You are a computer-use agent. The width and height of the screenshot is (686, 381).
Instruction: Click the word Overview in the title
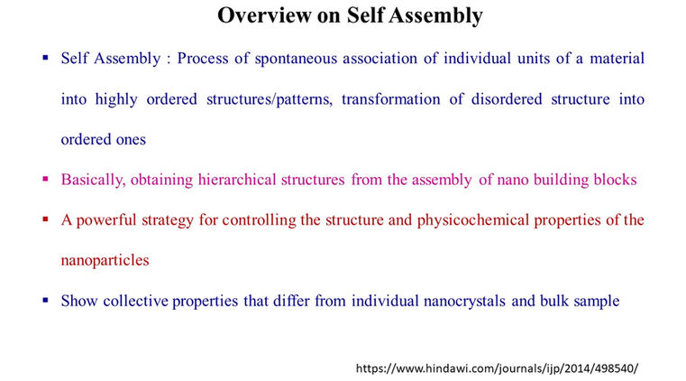260,15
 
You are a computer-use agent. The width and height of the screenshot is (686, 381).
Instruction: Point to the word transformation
389,99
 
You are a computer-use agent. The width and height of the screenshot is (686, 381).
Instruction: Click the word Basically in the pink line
90,180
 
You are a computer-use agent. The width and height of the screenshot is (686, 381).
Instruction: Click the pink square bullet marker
45,179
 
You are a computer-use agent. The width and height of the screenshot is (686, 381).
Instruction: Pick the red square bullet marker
45,219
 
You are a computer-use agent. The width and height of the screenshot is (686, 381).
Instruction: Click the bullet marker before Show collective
45,300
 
